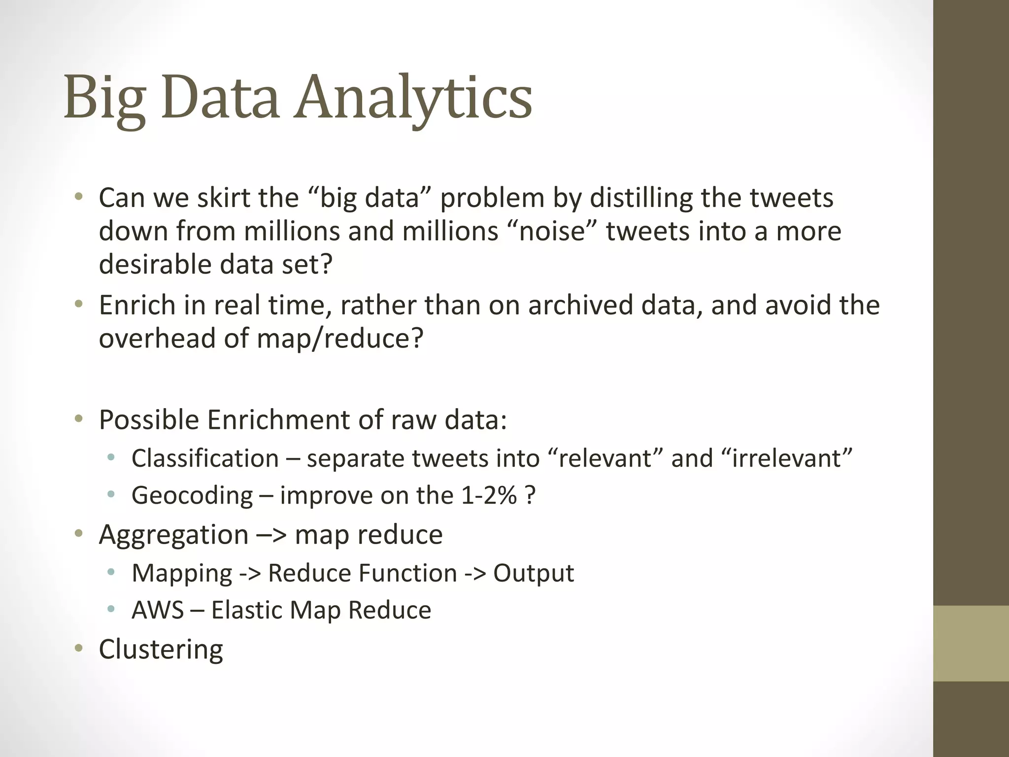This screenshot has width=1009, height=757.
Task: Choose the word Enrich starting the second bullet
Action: (137, 305)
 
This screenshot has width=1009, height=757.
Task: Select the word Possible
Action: (149, 420)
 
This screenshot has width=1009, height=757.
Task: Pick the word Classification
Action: (205, 458)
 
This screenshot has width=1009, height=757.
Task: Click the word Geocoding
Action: (192, 495)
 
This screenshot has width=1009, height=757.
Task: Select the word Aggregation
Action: (173, 535)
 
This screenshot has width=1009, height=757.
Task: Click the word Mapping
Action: (182, 573)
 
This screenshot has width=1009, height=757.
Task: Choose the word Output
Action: (534, 573)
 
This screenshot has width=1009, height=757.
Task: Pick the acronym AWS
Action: (158, 610)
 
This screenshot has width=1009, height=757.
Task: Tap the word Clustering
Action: (161, 650)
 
